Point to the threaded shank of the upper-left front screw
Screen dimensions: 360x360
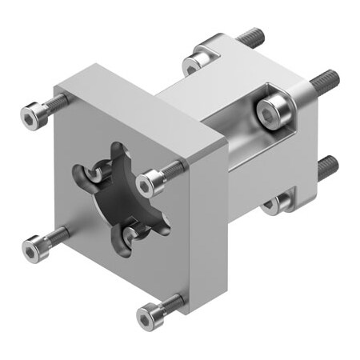[56, 102]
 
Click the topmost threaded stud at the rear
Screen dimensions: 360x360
[250, 37]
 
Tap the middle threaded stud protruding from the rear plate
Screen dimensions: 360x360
[324, 81]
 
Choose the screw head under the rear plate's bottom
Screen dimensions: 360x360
[278, 203]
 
